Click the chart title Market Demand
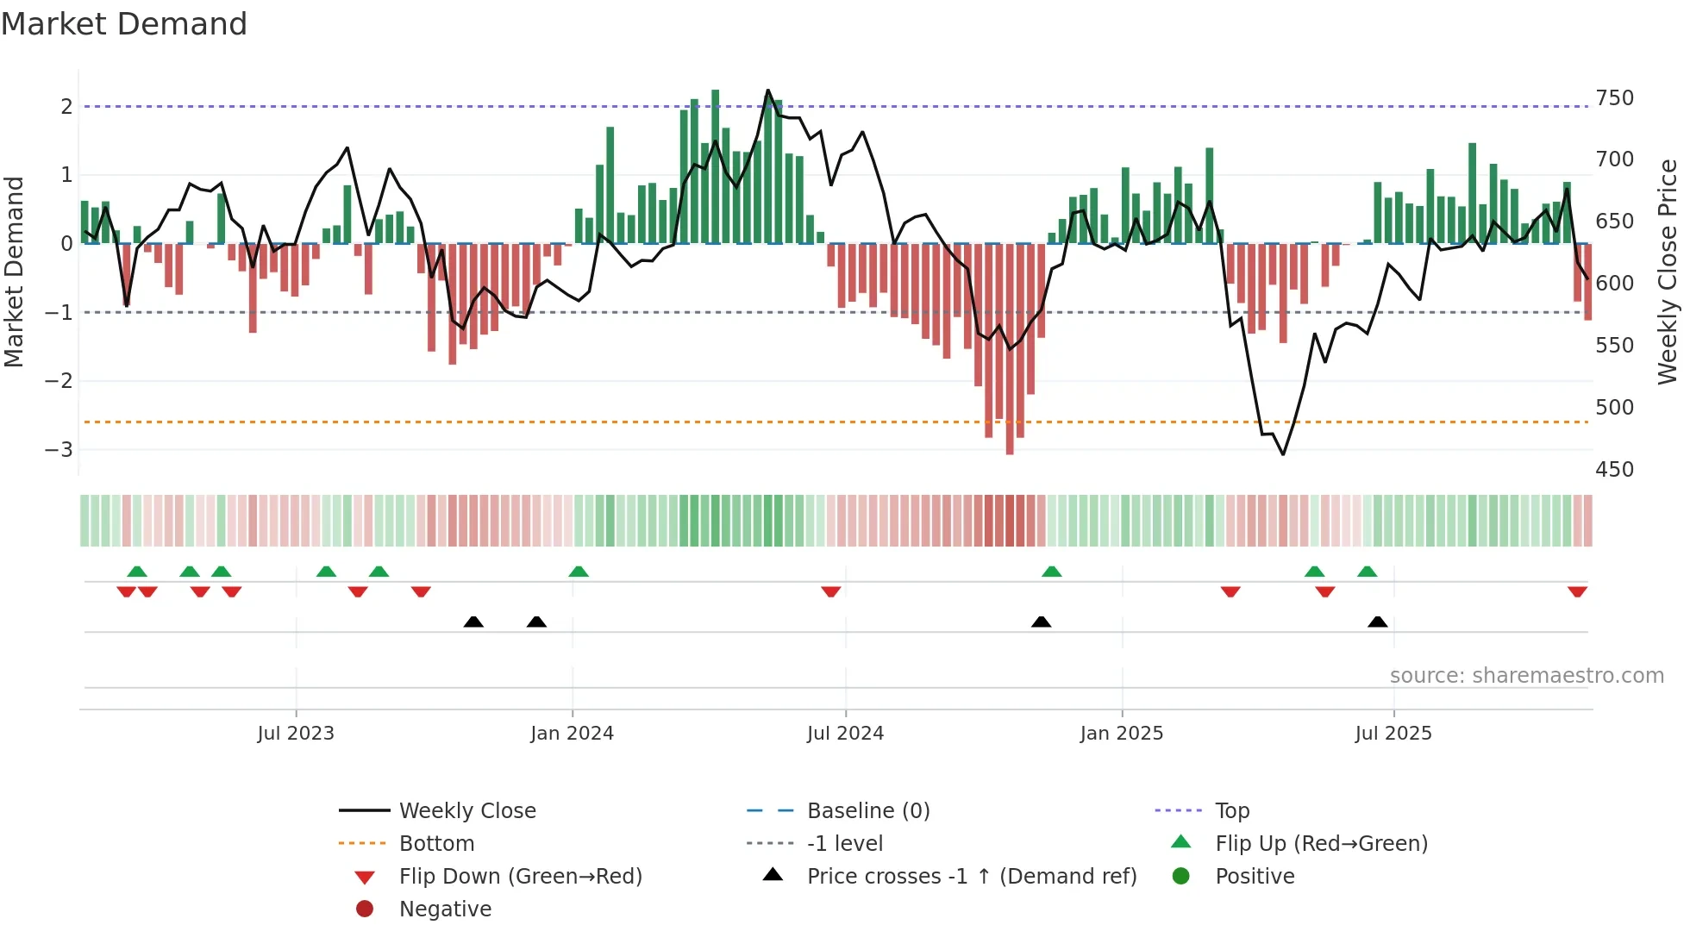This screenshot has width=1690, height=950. coord(124,24)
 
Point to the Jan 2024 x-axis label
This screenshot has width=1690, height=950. coord(572,734)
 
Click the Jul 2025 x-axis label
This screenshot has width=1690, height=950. coord(1393,734)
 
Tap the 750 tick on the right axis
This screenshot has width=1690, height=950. coord(1614,98)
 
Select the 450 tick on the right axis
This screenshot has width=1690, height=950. coord(1614,470)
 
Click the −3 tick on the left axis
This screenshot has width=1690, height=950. coord(59,449)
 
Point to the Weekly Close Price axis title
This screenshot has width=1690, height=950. coord(1668,272)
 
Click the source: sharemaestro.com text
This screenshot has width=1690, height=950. coord(1526,676)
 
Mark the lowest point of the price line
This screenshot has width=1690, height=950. coord(1283,454)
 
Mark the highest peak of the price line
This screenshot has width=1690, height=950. coord(768,90)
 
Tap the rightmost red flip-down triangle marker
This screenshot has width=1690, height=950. coord(1577,591)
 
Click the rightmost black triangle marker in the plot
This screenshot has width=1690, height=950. coord(1378,622)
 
